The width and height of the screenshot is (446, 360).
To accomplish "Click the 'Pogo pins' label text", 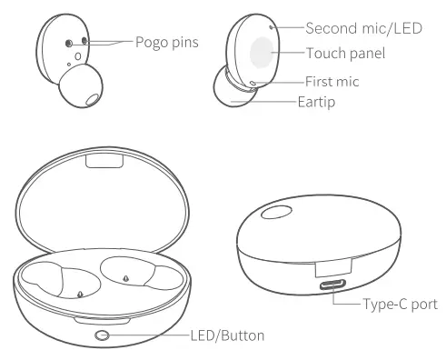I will click(x=167, y=42).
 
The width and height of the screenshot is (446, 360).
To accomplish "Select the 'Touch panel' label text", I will click(x=346, y=54).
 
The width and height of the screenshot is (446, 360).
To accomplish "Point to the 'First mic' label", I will click(x=333, y=82).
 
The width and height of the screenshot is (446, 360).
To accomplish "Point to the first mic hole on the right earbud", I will click(x=253, y=84).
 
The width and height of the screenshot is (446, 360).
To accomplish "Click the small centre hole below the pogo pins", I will click(x=77, y=55).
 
